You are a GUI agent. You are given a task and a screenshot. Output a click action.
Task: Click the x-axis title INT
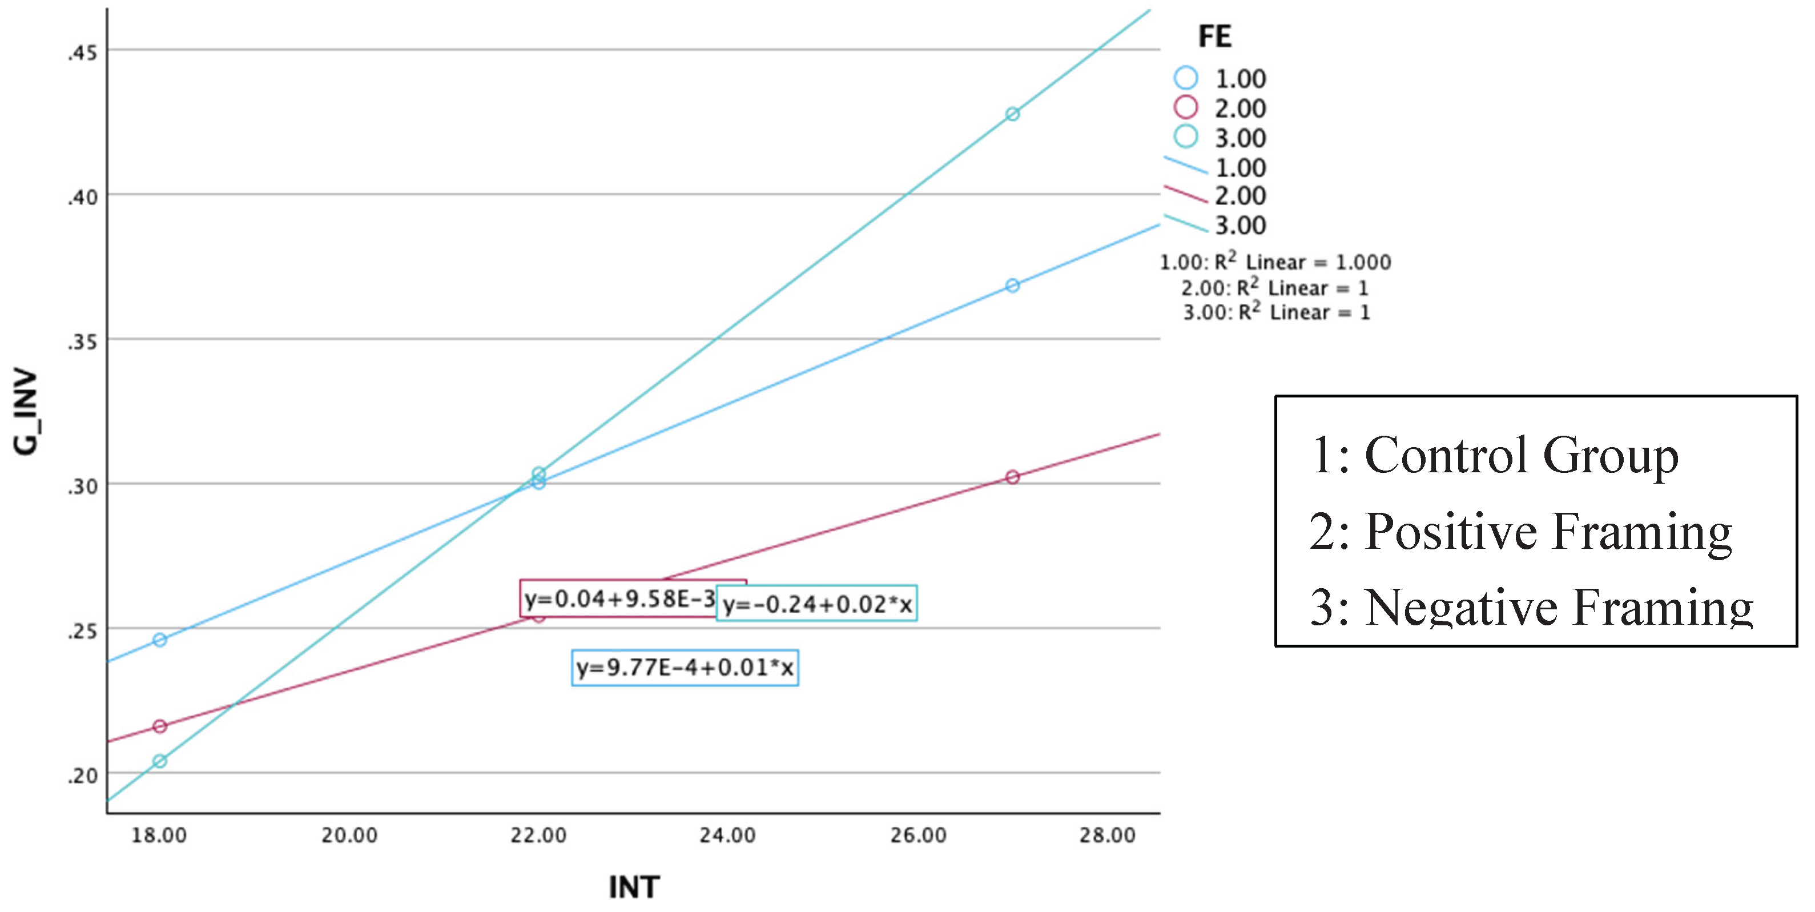[x=634, y=887]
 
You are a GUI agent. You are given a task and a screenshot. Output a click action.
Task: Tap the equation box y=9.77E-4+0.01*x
[x=685, y=668]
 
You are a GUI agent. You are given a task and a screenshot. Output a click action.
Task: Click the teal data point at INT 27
[x=1012, y=114]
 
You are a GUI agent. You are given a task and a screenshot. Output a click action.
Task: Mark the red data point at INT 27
[x=1012, y=477]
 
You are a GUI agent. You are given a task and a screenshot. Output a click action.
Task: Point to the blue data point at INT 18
[x=160, y=640]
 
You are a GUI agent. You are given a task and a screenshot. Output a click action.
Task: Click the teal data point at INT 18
[x=160, y=761]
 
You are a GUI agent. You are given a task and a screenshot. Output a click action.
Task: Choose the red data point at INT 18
[x=160, y=726]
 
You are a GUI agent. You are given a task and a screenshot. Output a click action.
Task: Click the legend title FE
[x=1215, y=37]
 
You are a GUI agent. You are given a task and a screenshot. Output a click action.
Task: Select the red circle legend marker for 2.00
[x=1186, y=107]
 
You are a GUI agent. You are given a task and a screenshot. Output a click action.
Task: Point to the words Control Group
[x=1522, y=456]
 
